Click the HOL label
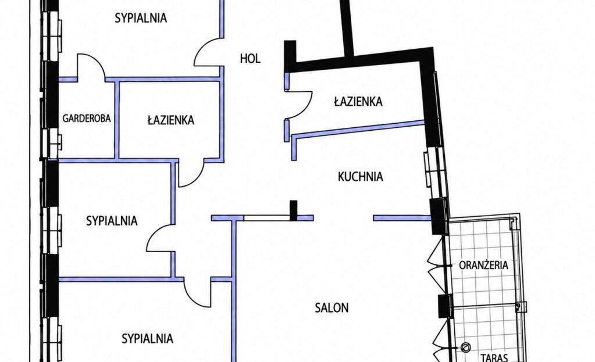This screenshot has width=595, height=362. [x=250, y=58]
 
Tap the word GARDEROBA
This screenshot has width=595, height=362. [x=87, y=119]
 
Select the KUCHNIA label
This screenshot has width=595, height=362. [x=360, y=177]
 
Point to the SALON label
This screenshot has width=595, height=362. [x=332, y=307]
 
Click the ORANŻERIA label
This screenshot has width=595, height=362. [x=483, y=264]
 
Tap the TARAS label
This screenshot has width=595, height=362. [x=494, y=357]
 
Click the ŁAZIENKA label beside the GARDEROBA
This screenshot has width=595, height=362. [x=170, y=120]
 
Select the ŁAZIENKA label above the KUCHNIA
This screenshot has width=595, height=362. [x=358, y=101]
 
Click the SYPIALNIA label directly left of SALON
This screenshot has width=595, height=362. [x=147, y=339]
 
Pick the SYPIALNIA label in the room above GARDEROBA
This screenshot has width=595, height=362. [x=141, y=18]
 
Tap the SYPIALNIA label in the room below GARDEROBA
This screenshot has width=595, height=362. [x=112, y=221]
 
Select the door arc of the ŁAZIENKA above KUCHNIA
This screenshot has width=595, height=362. [x=307, y=106]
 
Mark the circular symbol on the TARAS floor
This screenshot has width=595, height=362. [x=465, y=347]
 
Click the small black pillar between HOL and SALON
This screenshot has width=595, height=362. [x=293, y=210]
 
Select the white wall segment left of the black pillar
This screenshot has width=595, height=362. [x=267, y=218]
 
